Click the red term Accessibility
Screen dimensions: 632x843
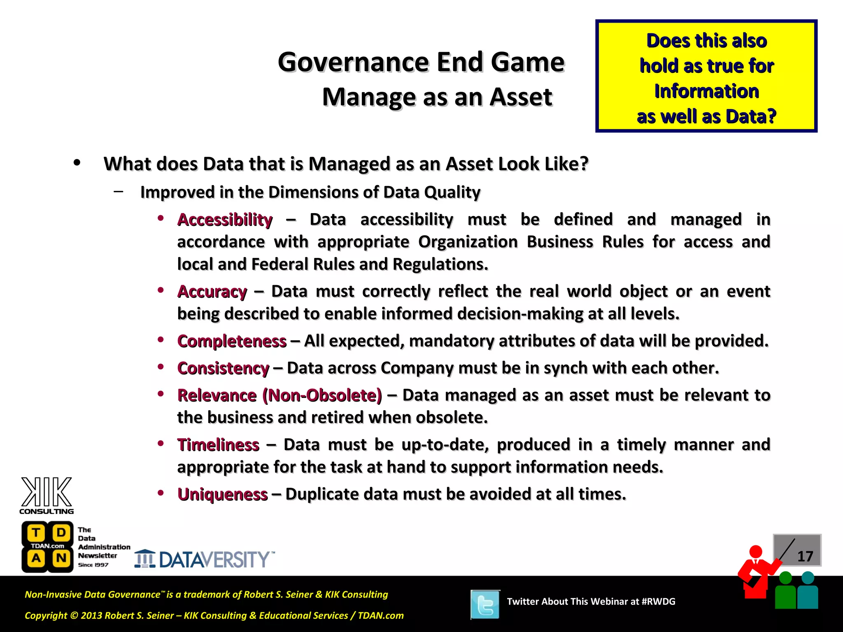click(x=225, y=220)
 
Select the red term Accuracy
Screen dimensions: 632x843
click(x=212, y=292)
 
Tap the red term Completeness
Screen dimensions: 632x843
click(x=232, y=341)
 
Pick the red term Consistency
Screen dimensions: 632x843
click(x=223, y=368)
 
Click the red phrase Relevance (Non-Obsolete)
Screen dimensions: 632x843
click(x=279, y=395)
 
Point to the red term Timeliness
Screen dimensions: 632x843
click(x=218, y=445)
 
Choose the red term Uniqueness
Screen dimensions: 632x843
click(x=222, y=494)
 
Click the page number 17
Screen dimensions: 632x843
click(x=805, y=556)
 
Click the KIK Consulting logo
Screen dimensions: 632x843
click(x=47, y=495)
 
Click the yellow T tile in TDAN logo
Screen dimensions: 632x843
click(x=36, y=533)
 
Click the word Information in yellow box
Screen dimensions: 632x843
click(x=706, y=91)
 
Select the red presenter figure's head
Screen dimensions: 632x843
click(x=756, y=551)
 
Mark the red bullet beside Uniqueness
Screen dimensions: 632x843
click(x=161, y=492)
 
